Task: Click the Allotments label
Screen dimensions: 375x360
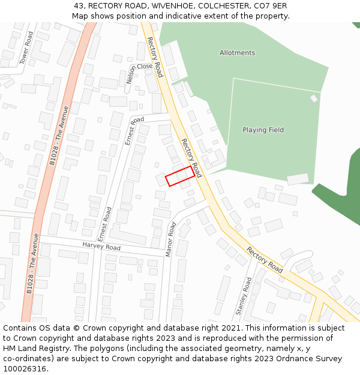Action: [237, 53]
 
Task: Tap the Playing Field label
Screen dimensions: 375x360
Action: [263, 130]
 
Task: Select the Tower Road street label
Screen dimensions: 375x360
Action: [26, 47]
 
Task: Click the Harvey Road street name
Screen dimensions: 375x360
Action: [101, 247]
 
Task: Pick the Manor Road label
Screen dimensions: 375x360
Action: [171, 239]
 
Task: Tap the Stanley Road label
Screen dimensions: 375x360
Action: [244, 296]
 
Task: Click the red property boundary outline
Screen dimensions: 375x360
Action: [180, 176]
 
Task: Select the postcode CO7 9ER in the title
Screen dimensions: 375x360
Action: [269, 6]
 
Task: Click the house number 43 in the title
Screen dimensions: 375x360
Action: [79, 6]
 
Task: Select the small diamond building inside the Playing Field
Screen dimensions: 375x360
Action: [314, 98]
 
